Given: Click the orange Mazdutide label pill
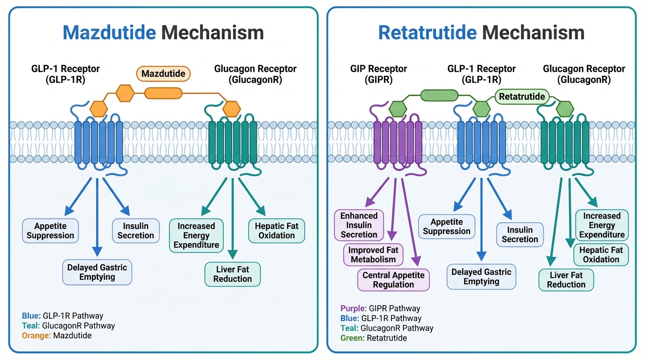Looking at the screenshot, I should pos(163,74).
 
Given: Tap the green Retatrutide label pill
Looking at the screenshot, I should pos(522,97).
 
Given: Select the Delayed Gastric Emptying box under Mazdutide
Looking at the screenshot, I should pos(97,272).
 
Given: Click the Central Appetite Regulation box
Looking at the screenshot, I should pos(393,280).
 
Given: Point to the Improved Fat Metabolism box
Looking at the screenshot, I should pos(373,255).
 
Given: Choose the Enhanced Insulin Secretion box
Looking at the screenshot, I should pos(359,225).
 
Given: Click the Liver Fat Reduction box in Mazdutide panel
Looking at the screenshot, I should pos(232,274).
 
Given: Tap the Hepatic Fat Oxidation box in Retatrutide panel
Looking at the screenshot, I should pos(601,255).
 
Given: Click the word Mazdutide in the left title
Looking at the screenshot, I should pos(109,32).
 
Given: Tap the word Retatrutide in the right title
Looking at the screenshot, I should pos(427,32).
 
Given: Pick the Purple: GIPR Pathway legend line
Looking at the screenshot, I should pos(380,308).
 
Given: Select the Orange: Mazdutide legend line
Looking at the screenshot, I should pos(57,335).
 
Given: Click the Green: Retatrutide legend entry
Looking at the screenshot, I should pos(373,338).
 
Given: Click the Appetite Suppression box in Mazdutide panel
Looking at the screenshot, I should pos(51,231).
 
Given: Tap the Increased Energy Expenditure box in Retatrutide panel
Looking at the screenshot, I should pos(602,225).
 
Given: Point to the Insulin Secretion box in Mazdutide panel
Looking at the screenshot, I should pos(135,231).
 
